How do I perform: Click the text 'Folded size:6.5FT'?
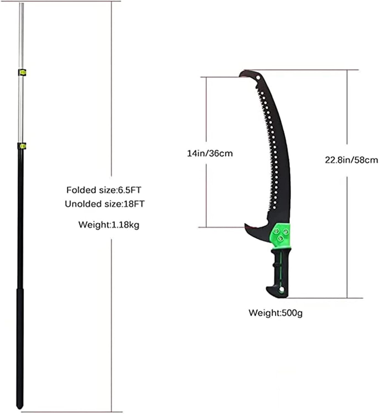(x=104, y=190)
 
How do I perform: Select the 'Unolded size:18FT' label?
(x=105, y=204)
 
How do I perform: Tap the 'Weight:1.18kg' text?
(x=109, y=225)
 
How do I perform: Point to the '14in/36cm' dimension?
(x=210, y=153)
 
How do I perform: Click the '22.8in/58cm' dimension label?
(x=351, y=160)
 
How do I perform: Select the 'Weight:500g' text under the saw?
(x=275, y=313)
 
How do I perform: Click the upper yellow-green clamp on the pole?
(x=22, y=72)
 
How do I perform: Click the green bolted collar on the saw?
(x=281, y=233)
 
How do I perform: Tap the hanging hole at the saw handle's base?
(x=281, y=290)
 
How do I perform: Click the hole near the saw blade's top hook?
(x=258, y=78)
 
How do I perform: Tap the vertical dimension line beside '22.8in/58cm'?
(x=347, y=110)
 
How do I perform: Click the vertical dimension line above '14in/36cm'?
(x=206, y=110)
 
